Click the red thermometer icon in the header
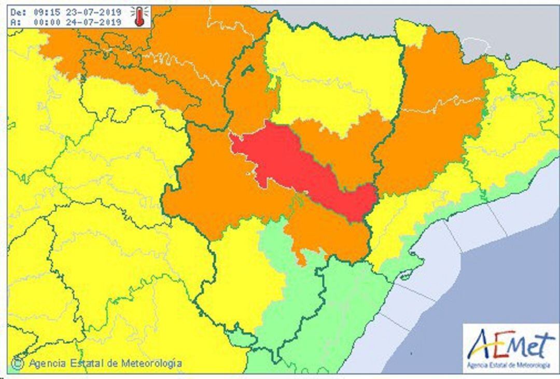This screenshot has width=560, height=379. click(x=139, y=16)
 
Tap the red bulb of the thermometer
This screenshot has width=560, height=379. click(x=138, y=22)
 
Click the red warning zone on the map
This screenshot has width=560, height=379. click(x=290, y=166)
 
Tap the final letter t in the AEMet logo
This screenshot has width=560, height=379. click(x=547, y=345)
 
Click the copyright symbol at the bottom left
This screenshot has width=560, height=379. click(x=18, y=363)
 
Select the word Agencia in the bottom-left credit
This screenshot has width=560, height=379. click(x=47, y=363)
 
